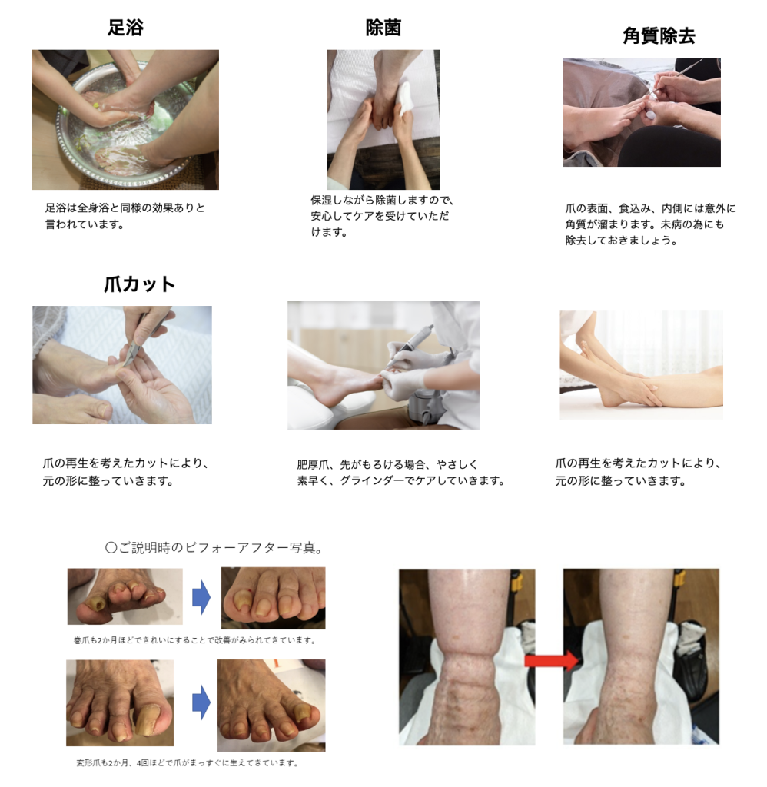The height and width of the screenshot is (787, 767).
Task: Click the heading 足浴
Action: (x=125, y=27)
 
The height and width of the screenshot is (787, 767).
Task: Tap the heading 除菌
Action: (x=383, y=28)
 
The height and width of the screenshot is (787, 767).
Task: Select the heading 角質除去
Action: (x=659, y=35)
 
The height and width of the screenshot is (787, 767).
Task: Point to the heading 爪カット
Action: (x=139, y=284)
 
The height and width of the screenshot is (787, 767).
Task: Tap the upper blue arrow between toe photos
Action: (x=201, y=597)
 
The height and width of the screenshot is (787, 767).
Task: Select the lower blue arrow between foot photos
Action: (x=201, y=702)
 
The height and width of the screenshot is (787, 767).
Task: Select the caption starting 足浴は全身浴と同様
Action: (x=125, y=216)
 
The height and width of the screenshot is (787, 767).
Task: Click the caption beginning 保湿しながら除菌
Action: (x=382, y=216)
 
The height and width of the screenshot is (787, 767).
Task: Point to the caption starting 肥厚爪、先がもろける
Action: (x=400, y=473)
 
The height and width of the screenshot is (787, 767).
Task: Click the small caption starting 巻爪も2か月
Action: (x=194, y=640)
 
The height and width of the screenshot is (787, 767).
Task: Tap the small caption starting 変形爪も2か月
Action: (x=188, y=763)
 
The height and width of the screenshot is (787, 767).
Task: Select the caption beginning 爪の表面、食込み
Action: (x=650, y=224)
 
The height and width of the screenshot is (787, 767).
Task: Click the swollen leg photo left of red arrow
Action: (x=467, y=656)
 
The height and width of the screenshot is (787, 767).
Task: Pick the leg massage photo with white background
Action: (x=641, y=365)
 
